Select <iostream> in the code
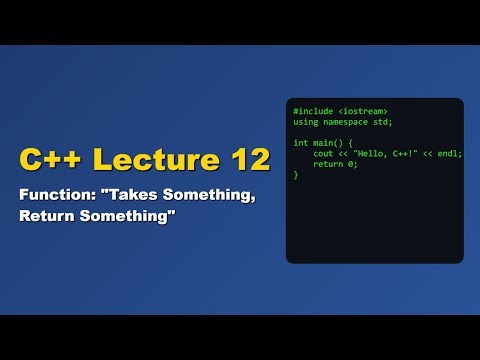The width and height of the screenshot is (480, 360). (361, 111)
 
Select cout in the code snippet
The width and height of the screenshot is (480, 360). (322, 154)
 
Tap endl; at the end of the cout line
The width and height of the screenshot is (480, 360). (450, 154)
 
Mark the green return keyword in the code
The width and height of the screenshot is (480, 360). (327, 164)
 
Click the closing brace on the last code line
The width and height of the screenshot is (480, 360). (296, 175)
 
